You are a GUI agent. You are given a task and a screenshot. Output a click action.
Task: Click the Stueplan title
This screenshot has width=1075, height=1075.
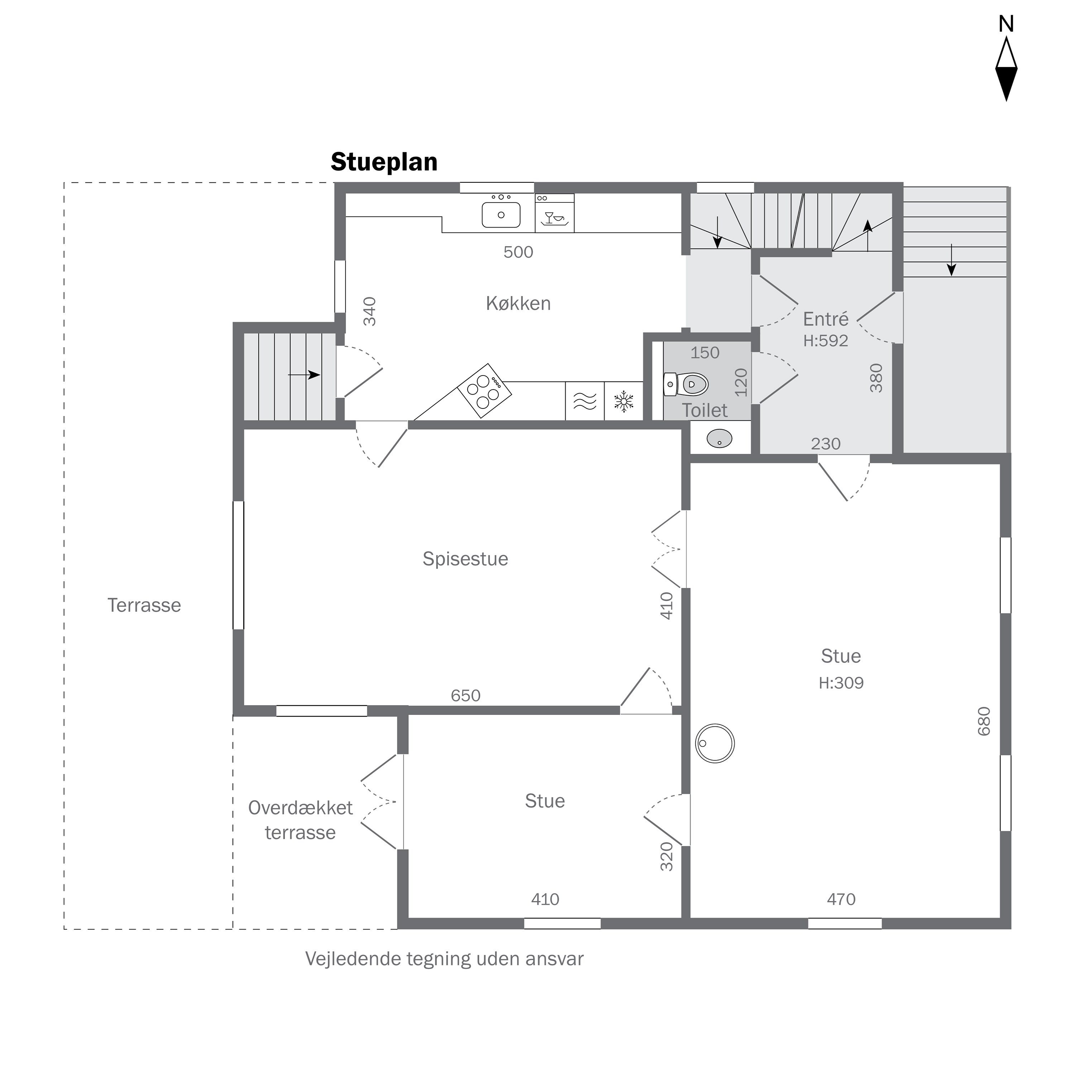click(384, 162)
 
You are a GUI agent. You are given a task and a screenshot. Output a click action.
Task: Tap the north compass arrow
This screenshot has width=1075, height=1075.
click(1006, 68)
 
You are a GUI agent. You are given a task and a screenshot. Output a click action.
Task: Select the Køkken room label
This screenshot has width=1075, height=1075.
click(518, 303)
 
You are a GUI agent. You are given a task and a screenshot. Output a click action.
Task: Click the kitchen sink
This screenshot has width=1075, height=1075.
click(501, 214)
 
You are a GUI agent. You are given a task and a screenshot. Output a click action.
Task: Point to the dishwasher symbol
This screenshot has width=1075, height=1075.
click(554, 213)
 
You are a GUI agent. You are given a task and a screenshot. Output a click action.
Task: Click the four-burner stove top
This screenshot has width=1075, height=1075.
click(484, 391)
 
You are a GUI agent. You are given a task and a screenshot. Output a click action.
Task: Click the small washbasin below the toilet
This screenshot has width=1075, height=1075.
click(720, 439)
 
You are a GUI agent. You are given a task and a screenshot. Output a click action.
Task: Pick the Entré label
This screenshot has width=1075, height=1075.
click(826, 319)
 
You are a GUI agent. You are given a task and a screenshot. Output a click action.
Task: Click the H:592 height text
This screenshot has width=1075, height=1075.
click(826, 340)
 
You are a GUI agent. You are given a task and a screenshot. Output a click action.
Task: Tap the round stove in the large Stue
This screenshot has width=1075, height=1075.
click(715, 744)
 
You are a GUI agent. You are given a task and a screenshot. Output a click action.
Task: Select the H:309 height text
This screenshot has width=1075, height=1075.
click(841, 683)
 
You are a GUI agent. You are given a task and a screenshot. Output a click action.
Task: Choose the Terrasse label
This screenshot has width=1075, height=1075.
click(144, 605)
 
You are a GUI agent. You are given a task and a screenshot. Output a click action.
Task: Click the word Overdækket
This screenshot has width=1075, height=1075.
click(301, 808)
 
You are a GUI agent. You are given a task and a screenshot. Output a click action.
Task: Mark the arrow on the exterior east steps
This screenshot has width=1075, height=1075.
click(951, 260)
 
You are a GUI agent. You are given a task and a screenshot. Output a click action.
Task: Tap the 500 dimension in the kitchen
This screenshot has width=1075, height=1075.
click(518, 252)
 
